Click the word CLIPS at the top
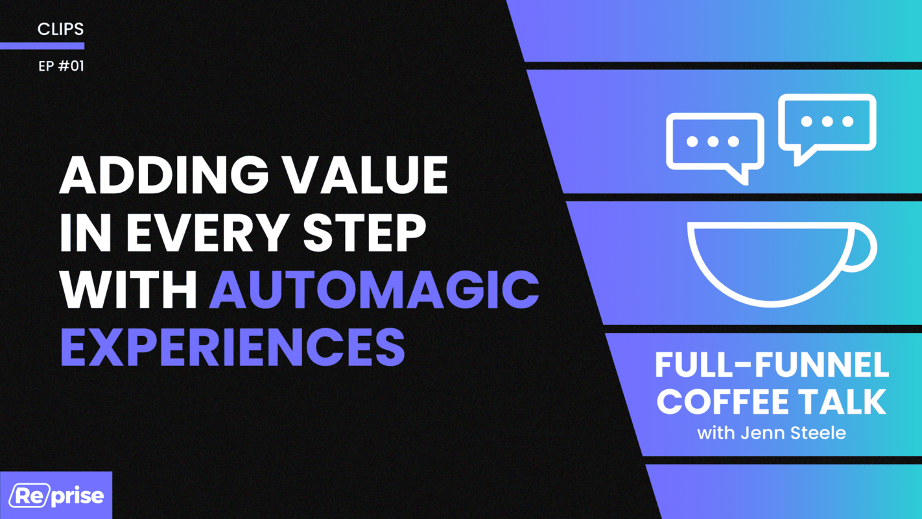coord(60,29)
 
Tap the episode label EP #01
coord(61,66)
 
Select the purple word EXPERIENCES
coord(233,345)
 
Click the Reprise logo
coord(56,496)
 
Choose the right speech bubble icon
coord(827,125)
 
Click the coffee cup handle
coord(864,247)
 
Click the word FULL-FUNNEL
coord(772,367)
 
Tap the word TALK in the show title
coord(847,402)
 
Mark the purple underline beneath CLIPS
coord(42,46)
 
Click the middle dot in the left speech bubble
coord(713,141)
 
